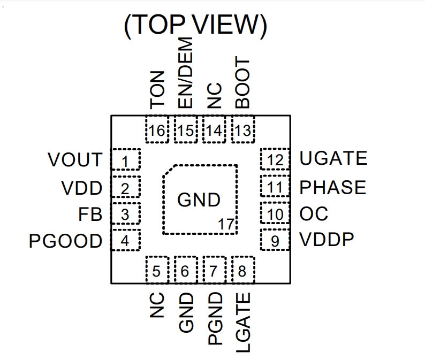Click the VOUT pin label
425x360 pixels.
tap(75, 159)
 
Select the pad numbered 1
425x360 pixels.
tap(125, 159)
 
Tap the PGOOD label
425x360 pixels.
tap(66, 241)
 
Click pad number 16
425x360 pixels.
tap(157, 129)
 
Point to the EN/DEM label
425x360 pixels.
tap(185, 73)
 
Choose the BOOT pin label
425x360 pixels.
tap(242, 82)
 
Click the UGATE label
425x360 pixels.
tap(333, 158)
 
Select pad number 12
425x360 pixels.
tap(275, 159)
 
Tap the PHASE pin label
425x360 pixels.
tap(333, 187)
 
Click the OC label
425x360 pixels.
tap(314, 213)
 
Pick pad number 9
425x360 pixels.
tap(275, 240)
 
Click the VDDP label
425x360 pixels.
tap(327, 240)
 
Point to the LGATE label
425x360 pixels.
tap(243, 323)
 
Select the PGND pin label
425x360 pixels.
tap(215, 318)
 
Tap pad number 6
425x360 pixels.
tap(185, 270)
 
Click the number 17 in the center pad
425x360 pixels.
tap(226, 224)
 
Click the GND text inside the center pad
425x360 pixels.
tap(199, 200)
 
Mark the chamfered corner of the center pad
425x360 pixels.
tap(168, 170)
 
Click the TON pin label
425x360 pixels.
tap(157, 90)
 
